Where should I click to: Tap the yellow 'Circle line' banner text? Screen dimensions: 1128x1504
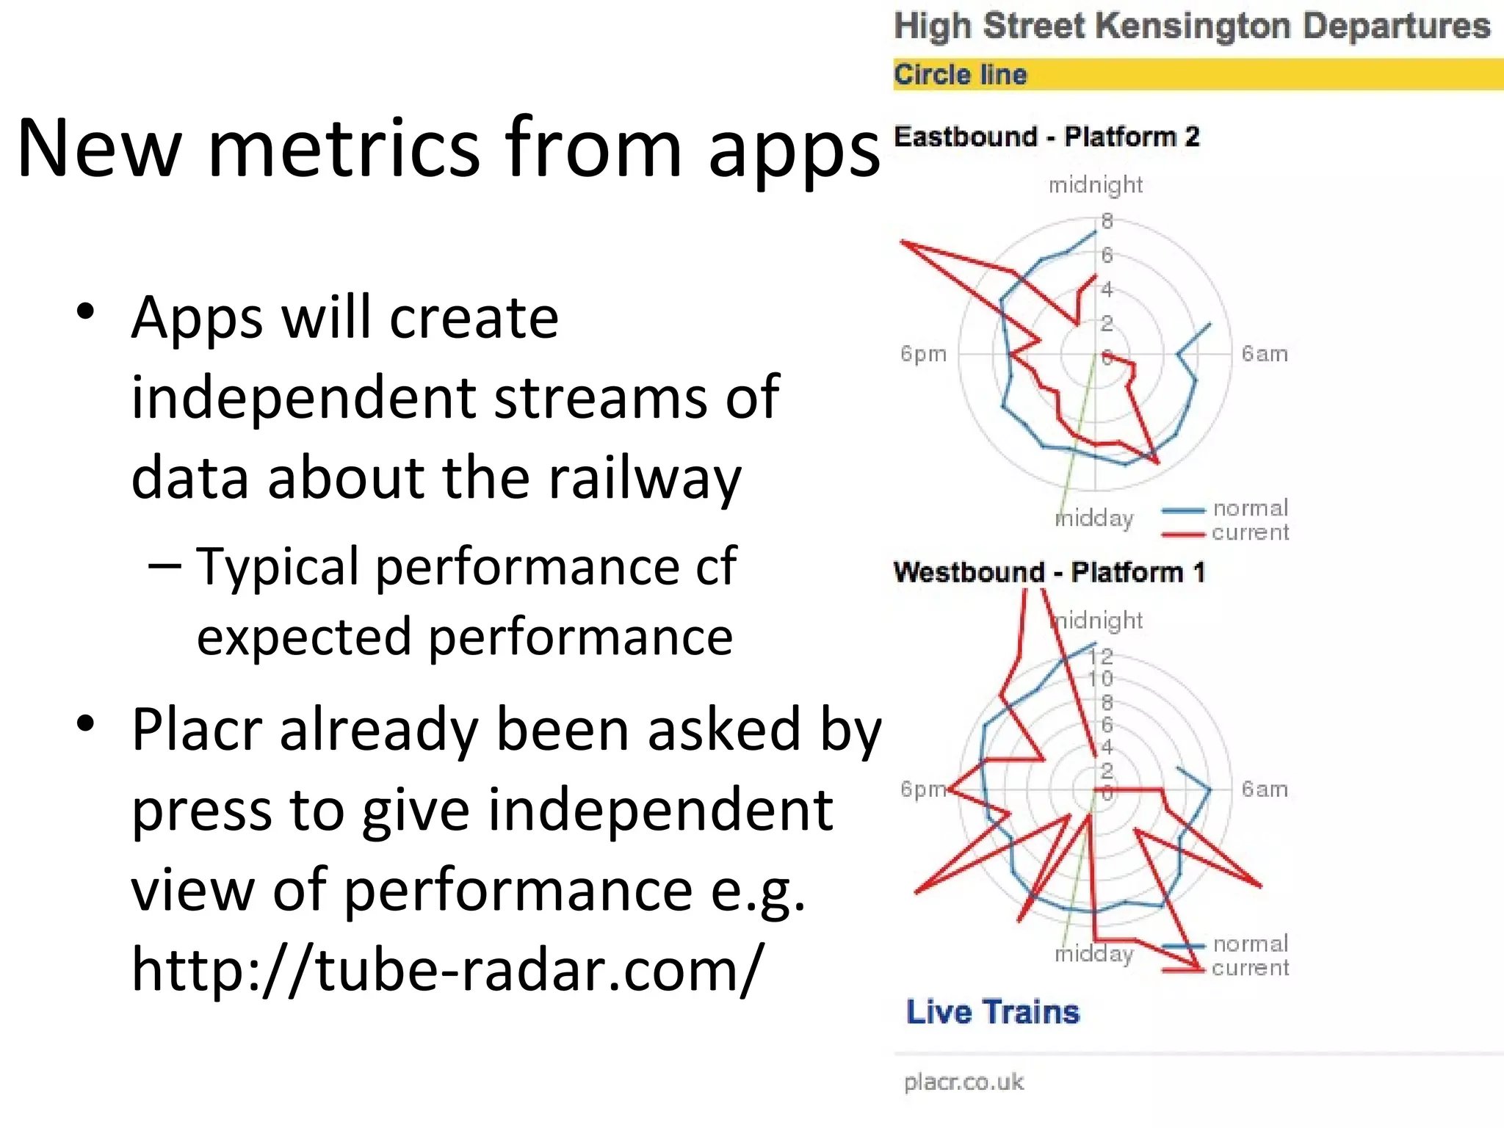tap(960, 74)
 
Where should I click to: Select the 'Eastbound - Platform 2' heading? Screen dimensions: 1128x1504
tap(1046, 137)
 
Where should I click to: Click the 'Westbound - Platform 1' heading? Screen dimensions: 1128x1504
tap(1049, 572)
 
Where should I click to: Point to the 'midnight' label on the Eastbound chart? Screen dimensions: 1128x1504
tap(1095, 185)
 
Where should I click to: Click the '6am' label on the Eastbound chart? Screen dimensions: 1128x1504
tap(1264, 354)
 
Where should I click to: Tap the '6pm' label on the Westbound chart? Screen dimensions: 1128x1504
tap(923, 789)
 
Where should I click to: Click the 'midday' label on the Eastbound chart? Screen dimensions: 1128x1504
tap(1094, 518)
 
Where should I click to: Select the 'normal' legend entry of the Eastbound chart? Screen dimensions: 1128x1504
tap(1250, 508)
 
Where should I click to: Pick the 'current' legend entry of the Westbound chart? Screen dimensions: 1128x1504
tap(1250, 968)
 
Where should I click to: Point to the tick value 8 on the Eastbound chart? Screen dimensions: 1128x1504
tap(1107, 220)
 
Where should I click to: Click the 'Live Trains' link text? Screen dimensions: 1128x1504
tap(993, 1012)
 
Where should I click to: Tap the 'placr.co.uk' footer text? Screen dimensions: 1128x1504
tap(963, 1082)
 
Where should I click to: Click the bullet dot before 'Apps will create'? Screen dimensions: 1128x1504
tap(86, 312)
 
